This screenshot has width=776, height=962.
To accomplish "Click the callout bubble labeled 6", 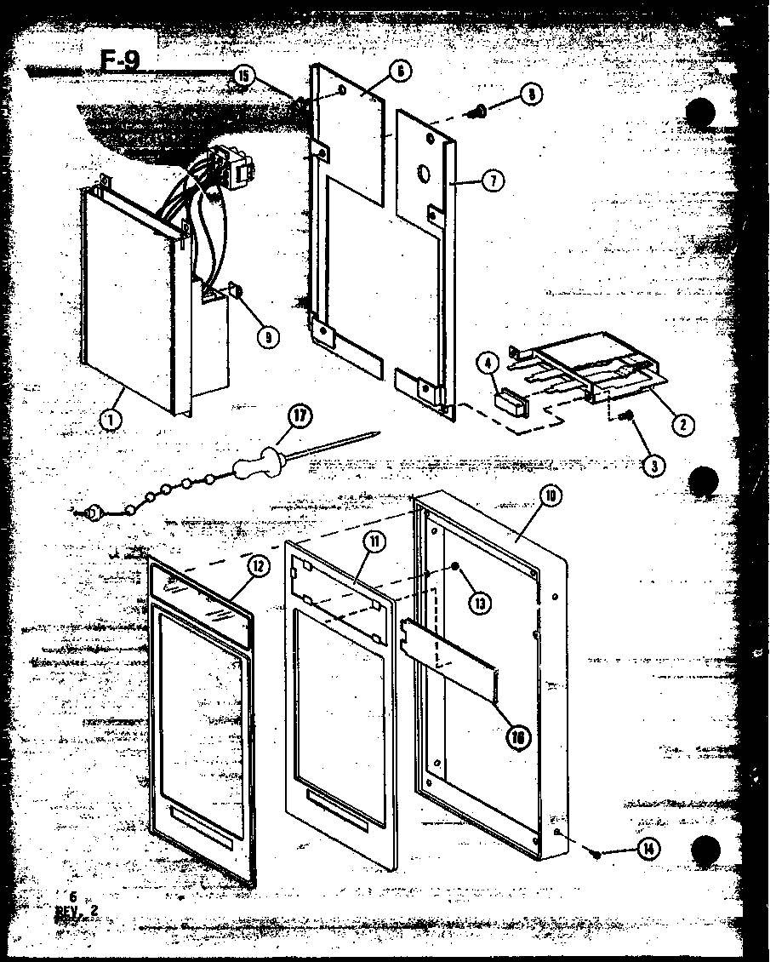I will [x=399, y=72].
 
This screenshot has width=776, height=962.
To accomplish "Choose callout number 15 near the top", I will [x=244, y=77].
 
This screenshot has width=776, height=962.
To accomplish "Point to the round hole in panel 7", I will [x=423, y=175].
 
